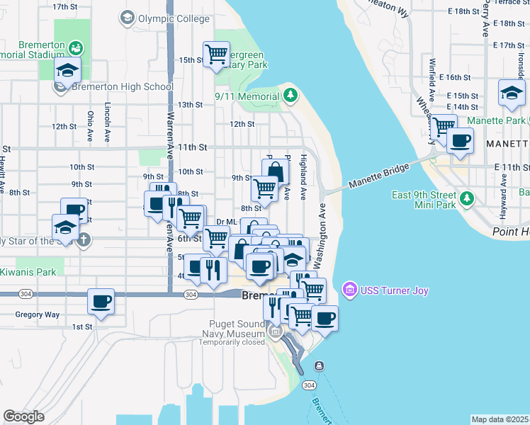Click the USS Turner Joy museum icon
[x=349, y=290]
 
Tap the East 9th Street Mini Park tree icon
[x=466, y=199]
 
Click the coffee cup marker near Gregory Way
[x=101, y=302]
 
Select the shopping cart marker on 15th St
[x=216, y=54]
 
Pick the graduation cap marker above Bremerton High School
[x=68, y=70]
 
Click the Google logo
[x=23, y=416]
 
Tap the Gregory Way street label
[x=38, y=314]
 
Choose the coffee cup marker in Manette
[x=460, y=140]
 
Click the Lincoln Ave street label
[x=107, y=118]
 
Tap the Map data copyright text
[x=500, y=419]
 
